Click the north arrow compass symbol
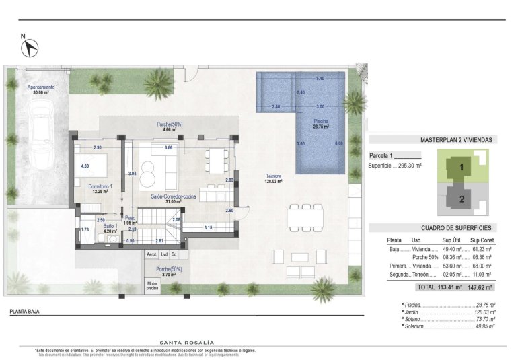pos(30,47)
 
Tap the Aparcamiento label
pos(40,88)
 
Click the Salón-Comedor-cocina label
pos(173,197)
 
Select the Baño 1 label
pos(111,227)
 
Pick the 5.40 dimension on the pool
pos(320,79)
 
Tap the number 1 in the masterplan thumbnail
pos(461,168)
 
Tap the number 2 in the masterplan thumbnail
pos(461,199)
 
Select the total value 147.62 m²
pos(481,287)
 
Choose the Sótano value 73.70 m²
pos(484,319)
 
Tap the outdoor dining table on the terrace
pos(302,217)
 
